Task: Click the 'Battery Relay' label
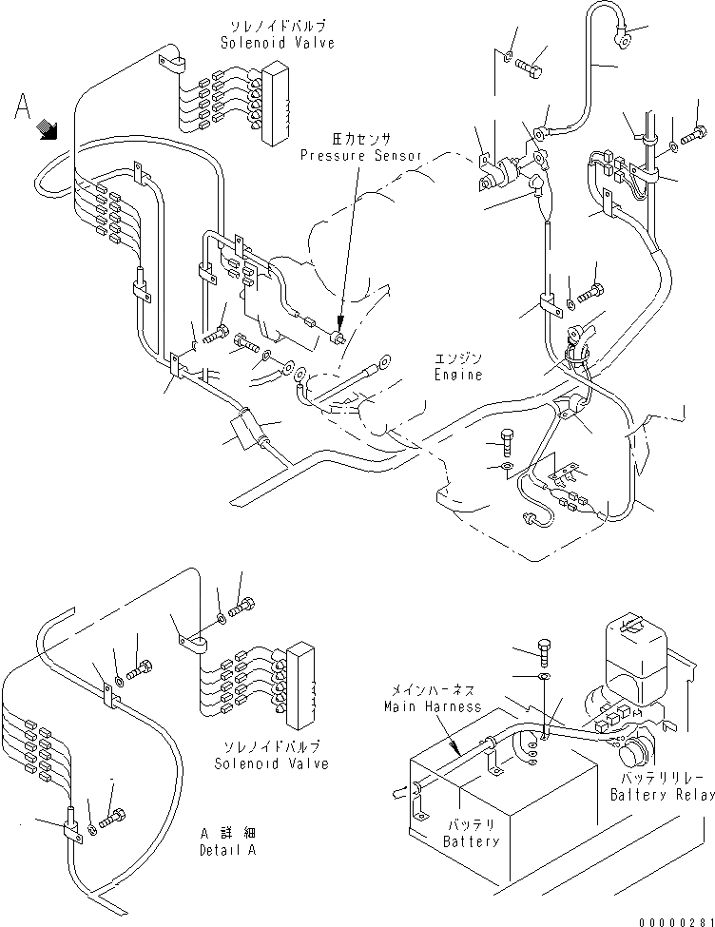(662, 795)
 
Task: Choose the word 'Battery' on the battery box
(471, 841)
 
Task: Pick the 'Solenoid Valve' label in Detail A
(271, 763)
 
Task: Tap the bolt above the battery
(544, 652)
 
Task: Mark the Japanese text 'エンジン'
(458, 358)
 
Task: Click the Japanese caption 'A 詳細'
(227, 834)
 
